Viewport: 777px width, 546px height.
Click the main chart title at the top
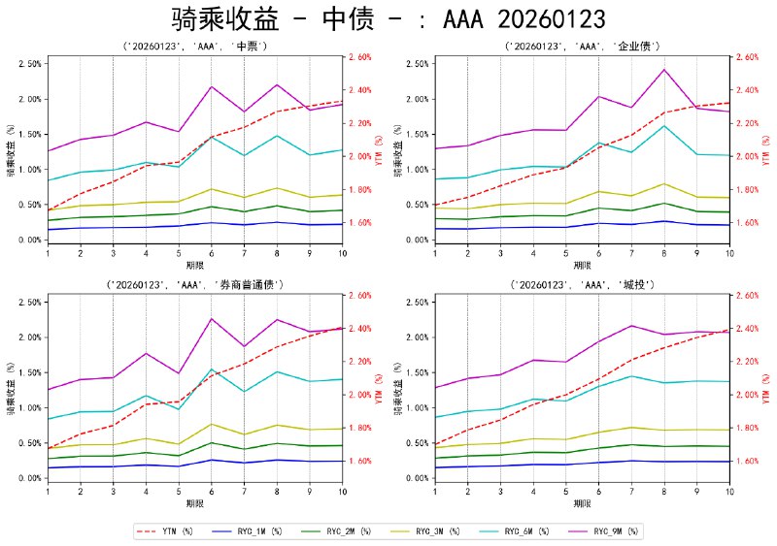(388, 18)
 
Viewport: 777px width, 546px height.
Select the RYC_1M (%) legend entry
(276, 531)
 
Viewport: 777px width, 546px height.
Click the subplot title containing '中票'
(195, 46)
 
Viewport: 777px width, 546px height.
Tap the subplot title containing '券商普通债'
(195, 284)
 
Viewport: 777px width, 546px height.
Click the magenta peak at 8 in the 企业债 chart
(664, 70)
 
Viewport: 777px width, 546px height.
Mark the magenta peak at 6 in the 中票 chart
(211, 86)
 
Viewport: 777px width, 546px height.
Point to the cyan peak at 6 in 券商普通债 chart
(211, 369)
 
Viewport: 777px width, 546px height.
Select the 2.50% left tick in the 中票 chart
(28, 64)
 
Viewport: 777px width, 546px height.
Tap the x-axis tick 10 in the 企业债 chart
(728, 252)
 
